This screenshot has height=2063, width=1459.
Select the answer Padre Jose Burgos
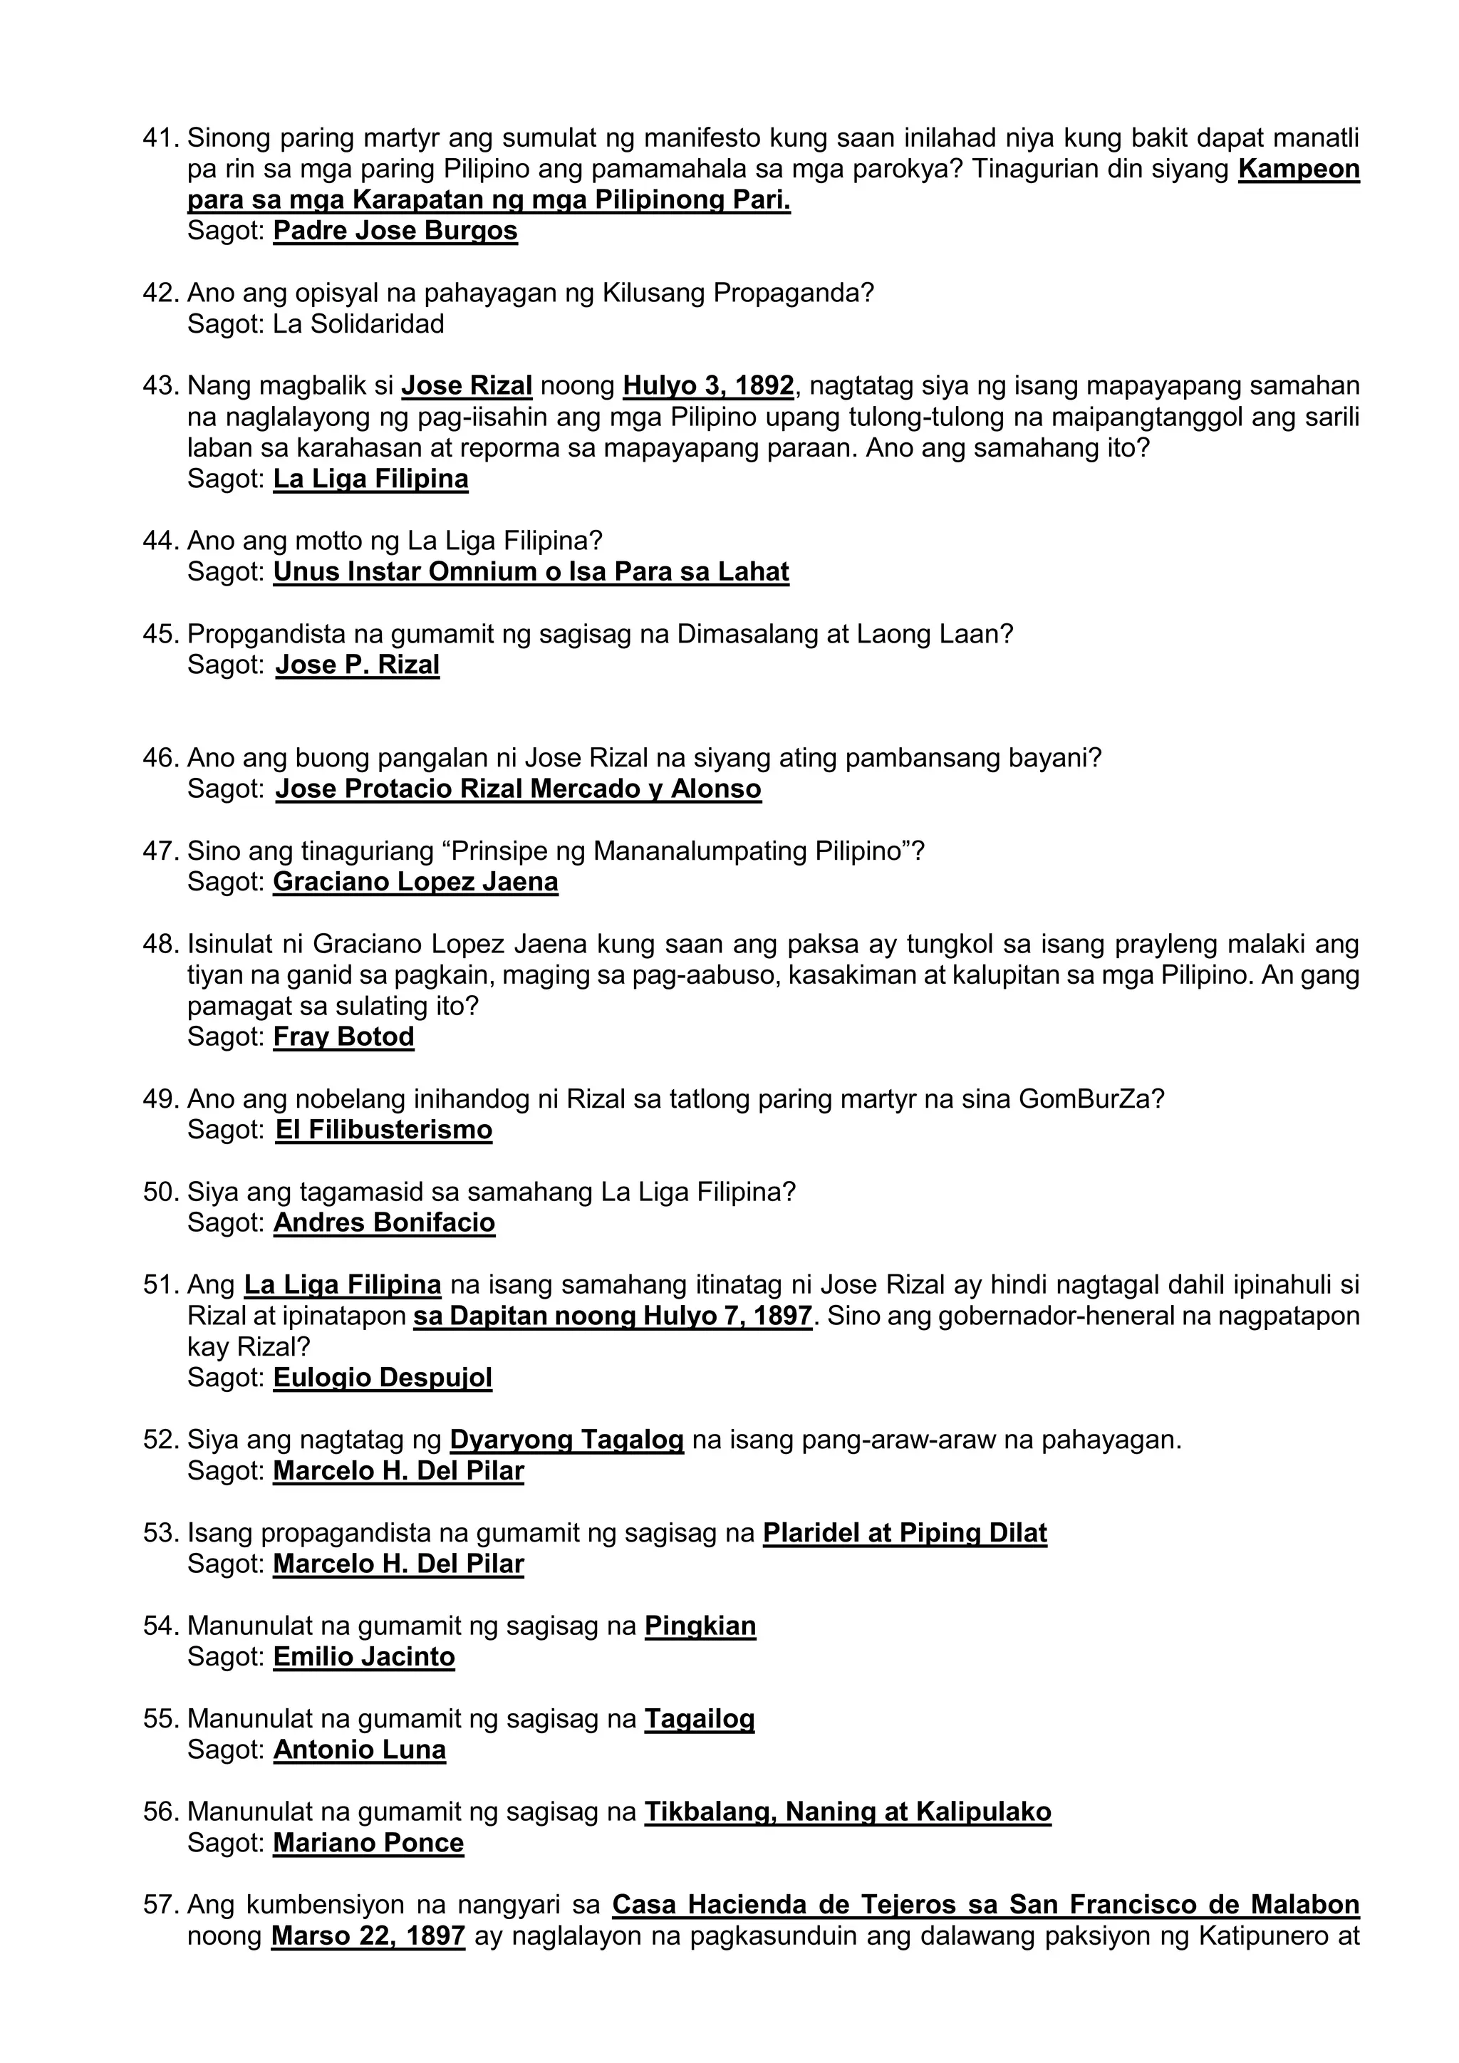pos(395,231)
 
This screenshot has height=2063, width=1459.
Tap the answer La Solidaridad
pos(358,324)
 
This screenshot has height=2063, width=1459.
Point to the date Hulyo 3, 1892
pos(708,386)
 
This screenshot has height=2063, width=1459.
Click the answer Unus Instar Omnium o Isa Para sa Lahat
pos(531,572)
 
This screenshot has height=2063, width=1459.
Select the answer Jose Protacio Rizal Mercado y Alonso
pos(519,789)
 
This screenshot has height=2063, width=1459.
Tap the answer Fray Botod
pos(343,1037)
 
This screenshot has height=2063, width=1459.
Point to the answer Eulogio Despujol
pos(383,1378)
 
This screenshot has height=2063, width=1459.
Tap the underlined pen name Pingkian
pos(700,1626)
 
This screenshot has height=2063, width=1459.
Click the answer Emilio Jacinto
pos(364,1657)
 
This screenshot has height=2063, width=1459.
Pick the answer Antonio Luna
pos(359,1750)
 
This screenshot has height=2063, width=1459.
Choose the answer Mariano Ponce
pos(368,1843)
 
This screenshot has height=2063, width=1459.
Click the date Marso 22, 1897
pos(368,1935)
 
